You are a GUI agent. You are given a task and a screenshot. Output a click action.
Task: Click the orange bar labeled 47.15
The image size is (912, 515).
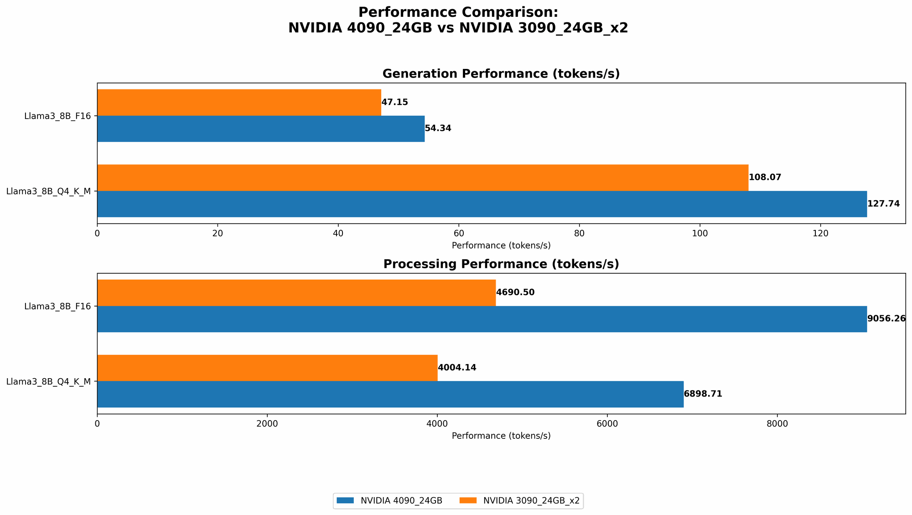[x=239, y=102]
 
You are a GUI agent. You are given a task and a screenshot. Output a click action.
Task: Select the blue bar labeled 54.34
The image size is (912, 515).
[x=261, y=129]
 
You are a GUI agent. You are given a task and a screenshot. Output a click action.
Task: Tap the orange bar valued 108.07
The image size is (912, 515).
[x=423, y=177]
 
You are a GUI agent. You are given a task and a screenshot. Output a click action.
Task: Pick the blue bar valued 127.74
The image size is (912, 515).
[x=482, y=204]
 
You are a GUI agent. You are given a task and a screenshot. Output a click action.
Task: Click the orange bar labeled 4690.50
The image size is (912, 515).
[x=296, y=292]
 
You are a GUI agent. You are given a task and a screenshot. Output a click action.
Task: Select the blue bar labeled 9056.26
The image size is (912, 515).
[x=482, y=319]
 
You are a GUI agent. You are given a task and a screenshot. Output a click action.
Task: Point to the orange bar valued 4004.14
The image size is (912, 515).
[x=267, y=368]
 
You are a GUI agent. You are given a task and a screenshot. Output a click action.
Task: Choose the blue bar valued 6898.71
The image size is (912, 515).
[x=390, y=394]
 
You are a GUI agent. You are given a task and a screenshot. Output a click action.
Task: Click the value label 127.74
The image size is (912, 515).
[x=883, y=204]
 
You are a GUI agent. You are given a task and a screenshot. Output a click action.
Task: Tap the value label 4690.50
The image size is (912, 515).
[x=515, y=292]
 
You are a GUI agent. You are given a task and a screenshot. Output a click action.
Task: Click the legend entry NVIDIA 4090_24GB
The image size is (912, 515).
[x=401, y=501]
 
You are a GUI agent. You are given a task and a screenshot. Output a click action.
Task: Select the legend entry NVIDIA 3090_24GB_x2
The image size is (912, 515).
[x=531, y=501]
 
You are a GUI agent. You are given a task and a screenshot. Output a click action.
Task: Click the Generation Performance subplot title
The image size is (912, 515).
[x=501, y=74]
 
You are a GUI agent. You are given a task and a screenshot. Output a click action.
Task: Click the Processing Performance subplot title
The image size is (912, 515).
[x=501, y=264]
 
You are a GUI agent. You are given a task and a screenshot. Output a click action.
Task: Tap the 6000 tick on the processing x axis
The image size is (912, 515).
[x=607, y=424]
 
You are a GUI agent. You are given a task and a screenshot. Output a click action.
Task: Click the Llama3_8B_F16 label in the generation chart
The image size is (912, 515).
[x=57, y=116]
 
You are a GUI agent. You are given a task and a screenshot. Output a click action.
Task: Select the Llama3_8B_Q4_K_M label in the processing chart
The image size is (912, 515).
[x=48, y=381]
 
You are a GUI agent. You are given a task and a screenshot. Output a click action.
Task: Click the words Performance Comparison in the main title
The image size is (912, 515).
[x=458, y=12]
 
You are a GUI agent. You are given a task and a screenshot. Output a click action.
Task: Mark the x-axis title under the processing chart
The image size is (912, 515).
[x=501, y=436]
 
